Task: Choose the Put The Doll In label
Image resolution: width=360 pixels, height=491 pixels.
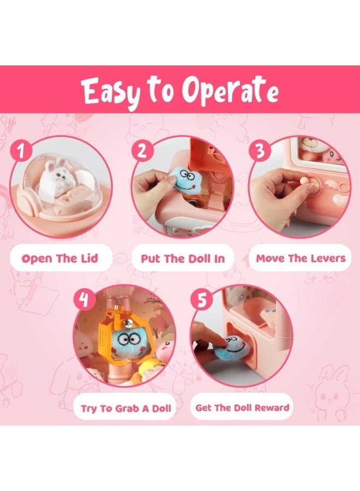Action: (x=183, y=259)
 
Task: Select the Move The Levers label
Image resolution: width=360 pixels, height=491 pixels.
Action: (x=301, y=259)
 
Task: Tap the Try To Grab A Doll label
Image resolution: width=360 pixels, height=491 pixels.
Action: (x=126, y=408)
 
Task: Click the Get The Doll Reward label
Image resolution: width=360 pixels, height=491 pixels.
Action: (x=242, y=407)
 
